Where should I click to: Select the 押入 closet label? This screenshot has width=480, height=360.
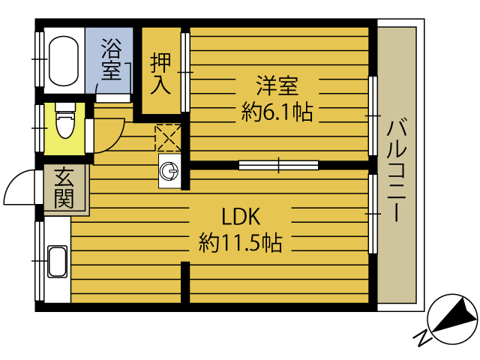point(161,73)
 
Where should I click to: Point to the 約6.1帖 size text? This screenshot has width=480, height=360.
point(277,112)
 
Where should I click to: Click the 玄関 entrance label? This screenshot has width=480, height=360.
point(64,189)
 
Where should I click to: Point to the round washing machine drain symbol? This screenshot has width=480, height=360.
point(170,173)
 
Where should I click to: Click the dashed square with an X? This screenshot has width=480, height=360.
point(166,136)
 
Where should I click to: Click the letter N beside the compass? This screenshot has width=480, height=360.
point(422,337)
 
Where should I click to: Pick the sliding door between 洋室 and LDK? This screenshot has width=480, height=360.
point(278,164)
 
